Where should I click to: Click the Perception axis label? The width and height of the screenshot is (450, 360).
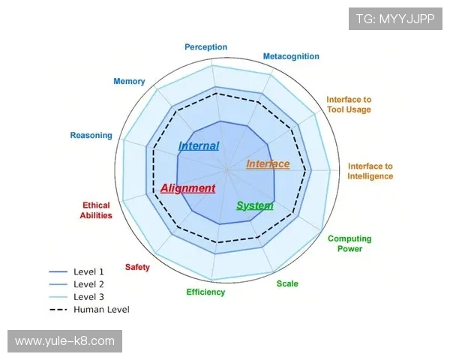point(205,47)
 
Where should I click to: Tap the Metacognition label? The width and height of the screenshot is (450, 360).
point(291,56)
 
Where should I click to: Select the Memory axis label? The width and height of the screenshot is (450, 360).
point(129,81)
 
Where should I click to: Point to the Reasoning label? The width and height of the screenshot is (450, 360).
point(91,136)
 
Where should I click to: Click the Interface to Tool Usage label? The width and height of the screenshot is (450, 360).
point(349,104)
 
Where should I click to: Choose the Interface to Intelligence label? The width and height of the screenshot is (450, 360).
point(370,171)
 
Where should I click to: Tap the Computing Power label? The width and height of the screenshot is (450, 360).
point(349,244)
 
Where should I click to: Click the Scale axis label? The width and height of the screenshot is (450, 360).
point(287,283)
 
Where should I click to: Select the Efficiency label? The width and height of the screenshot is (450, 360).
point(205,292)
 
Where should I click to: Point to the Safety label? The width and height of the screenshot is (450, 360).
point(137,267)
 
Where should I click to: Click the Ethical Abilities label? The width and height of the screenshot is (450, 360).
point(96,210)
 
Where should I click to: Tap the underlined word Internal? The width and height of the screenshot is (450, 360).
point(199,146)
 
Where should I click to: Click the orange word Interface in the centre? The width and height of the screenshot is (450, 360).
point(268,164)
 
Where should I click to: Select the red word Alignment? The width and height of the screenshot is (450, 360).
point(187,188)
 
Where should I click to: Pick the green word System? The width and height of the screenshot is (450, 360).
point(255,205)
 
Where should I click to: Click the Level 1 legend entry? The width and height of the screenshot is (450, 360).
point(88,271)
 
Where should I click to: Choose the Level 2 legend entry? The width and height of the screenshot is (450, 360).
point(88,284)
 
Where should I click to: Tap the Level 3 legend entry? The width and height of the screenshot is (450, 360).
point(88,297)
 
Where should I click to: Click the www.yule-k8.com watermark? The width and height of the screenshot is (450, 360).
point(65,341)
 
